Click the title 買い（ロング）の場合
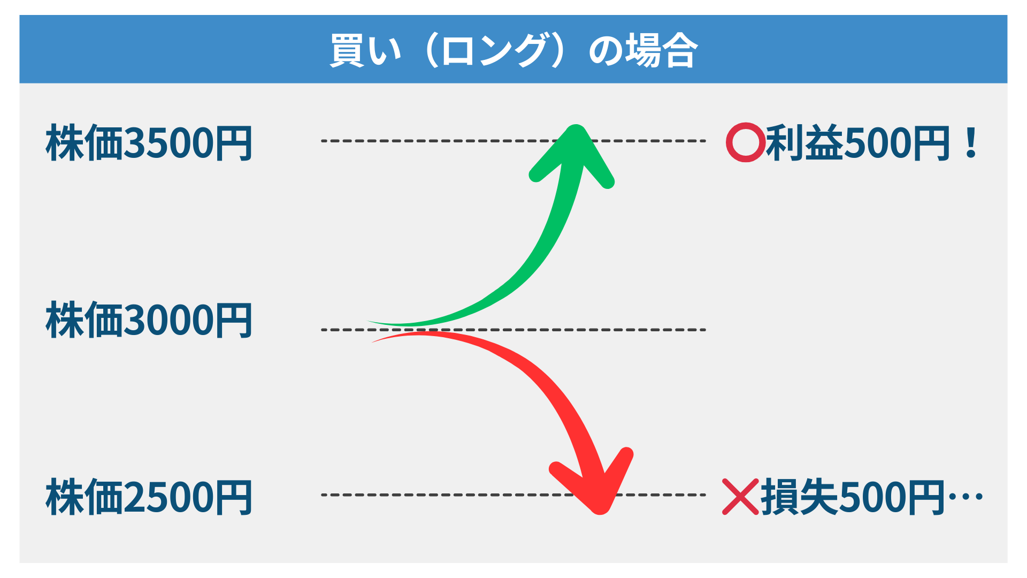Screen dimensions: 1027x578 click(513, 50)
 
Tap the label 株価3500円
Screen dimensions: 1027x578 click(149, 143)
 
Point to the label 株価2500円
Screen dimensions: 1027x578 click(149, 497)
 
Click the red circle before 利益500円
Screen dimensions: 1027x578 click(746, 142)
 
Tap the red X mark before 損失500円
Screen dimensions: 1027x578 click(740, 497)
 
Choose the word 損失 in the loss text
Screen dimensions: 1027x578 click(800, 497)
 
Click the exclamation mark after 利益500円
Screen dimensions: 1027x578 click(971, 143)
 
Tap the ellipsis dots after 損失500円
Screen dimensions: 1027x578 click(965, 497)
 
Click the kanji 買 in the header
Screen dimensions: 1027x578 click(347, 50)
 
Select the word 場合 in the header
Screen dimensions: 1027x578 click(662, 50)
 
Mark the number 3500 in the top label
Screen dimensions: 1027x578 click(169, 143)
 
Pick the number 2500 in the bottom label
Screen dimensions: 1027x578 click(169, 498)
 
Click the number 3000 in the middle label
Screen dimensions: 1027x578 click(169, 320)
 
